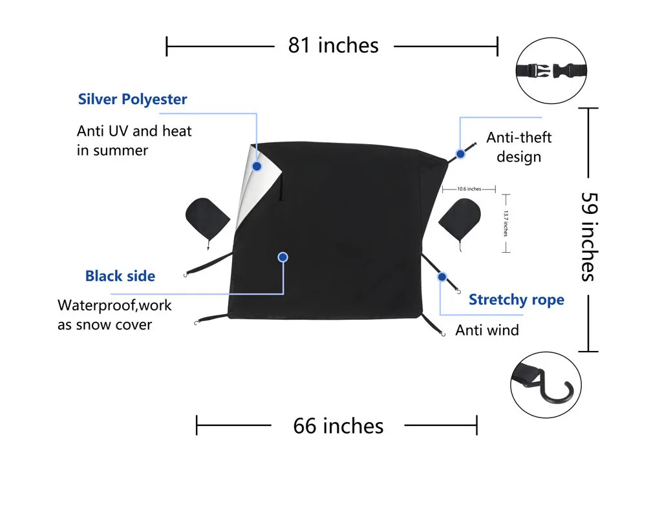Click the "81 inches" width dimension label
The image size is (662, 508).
[333, 45]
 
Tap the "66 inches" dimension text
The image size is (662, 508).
[338, 426]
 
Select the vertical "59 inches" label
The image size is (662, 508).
[588, 236]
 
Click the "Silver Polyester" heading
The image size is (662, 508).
[133, 100]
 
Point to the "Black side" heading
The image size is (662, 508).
[120, 276]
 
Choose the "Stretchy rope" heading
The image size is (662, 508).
[516, 300]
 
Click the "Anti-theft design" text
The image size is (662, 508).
[519, 147]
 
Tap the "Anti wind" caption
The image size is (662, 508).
[487, 330]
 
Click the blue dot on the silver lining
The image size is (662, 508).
[257, 166]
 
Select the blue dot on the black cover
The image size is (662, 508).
[283, 257]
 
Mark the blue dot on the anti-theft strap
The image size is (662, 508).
[461, 154]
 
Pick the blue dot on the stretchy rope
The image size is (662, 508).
[442, 277]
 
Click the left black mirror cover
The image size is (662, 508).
[207, 218]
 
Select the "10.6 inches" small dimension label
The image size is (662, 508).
[469, 189]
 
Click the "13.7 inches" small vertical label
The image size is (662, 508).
[506, 223]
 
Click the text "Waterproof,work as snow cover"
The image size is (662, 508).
[115, 314]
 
